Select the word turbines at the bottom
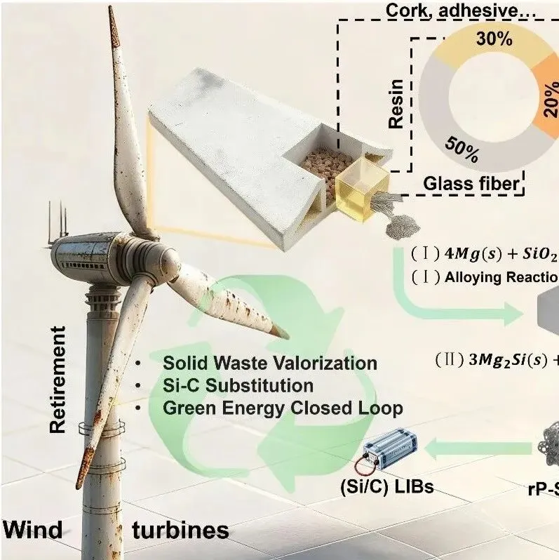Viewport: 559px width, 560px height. tap(180, 530)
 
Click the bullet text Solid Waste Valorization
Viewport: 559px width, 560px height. tap(269, 364)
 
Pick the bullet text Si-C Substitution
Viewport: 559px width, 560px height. tap(238, 385)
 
